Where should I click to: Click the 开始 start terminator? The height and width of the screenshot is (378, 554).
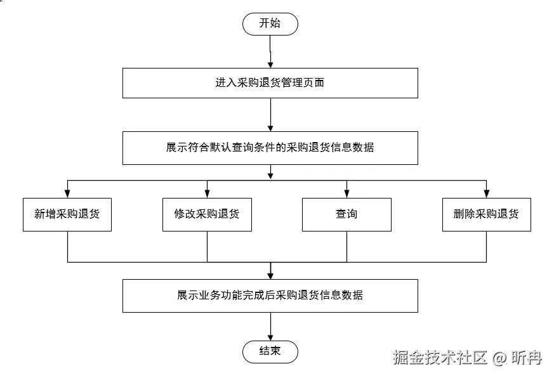270,24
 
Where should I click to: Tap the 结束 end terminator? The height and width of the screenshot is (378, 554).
270,351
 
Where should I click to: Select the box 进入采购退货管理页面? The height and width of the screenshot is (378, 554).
270,83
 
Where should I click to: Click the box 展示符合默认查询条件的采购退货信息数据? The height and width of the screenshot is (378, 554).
270,148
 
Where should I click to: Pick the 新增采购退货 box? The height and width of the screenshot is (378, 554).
67,214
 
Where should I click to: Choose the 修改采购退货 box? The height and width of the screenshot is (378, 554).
207,214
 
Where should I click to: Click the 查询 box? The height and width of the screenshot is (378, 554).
346,214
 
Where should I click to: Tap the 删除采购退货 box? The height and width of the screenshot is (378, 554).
486,214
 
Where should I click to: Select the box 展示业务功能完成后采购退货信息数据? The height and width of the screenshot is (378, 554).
270,296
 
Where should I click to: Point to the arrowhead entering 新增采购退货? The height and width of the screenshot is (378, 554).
67,194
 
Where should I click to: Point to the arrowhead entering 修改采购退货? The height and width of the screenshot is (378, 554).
207,194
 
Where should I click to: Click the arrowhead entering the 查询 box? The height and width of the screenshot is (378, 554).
346,194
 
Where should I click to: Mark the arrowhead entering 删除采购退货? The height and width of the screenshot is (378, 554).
486,194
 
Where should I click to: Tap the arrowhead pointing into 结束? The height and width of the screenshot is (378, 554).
270,337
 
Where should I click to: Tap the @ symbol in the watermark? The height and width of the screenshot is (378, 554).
499,358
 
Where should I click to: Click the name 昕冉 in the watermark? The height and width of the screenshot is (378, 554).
527,358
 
